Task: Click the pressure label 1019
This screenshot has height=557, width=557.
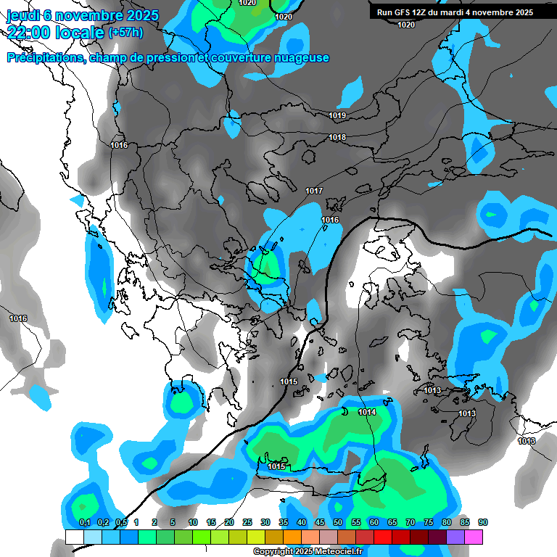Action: (x=337, y=116)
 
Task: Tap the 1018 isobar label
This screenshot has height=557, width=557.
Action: (x=337, y=138)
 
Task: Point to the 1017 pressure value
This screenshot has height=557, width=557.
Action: (x=314, y=191)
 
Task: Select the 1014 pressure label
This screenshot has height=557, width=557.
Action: (x=367, y=412)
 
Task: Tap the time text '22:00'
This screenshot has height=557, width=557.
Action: (x=30, y=32)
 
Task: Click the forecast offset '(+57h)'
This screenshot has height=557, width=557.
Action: (x=125, y=33)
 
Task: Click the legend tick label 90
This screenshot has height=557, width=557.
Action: (x=482, y=523)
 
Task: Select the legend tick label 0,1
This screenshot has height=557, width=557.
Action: (x=84, y=523)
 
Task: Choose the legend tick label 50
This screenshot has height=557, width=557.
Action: (x=337, y=523)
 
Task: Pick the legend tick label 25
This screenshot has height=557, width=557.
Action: (x=247, y=523)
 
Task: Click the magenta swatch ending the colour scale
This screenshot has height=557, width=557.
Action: (x=474, y=537)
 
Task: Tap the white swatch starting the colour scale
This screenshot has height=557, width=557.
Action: (x=74, y=537)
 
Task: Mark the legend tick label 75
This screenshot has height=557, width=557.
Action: (x=428, y=523)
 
